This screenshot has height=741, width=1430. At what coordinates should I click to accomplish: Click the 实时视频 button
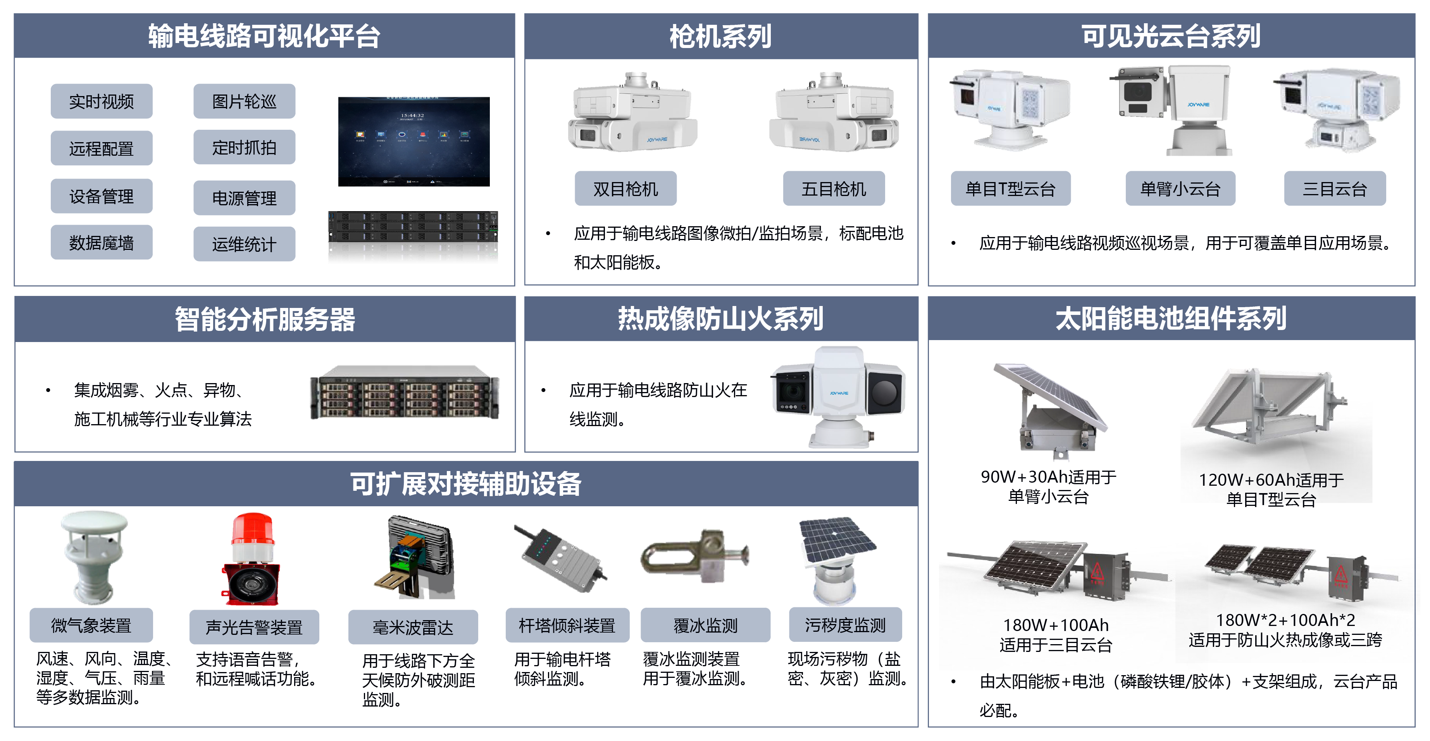[x=101, y=101]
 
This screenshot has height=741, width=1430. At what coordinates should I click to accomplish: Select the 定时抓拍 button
[x=244, y=148]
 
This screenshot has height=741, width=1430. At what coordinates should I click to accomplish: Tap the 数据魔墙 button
[x=101, y=242]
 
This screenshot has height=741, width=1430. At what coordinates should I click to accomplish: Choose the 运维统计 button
[x=244, y=244]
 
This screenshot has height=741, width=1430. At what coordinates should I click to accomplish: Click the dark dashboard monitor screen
[x=413, y=141]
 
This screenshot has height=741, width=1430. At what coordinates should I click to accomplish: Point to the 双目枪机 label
[x=625, y=189]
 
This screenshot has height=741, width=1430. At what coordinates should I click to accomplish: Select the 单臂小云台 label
[x=1180, y=189]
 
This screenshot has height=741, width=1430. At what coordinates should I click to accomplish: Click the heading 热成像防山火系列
[x=720, y=319]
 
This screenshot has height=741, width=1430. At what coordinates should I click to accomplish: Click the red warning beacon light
[x=253, y=536]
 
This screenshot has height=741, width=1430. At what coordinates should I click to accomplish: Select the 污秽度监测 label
[x=845, y=626]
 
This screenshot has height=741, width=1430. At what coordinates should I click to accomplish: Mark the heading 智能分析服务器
[x=265, y=319]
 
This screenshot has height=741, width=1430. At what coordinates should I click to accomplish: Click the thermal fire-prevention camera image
[x=839, y=397]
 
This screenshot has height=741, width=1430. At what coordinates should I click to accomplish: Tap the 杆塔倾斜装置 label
[x=567, y=626]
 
